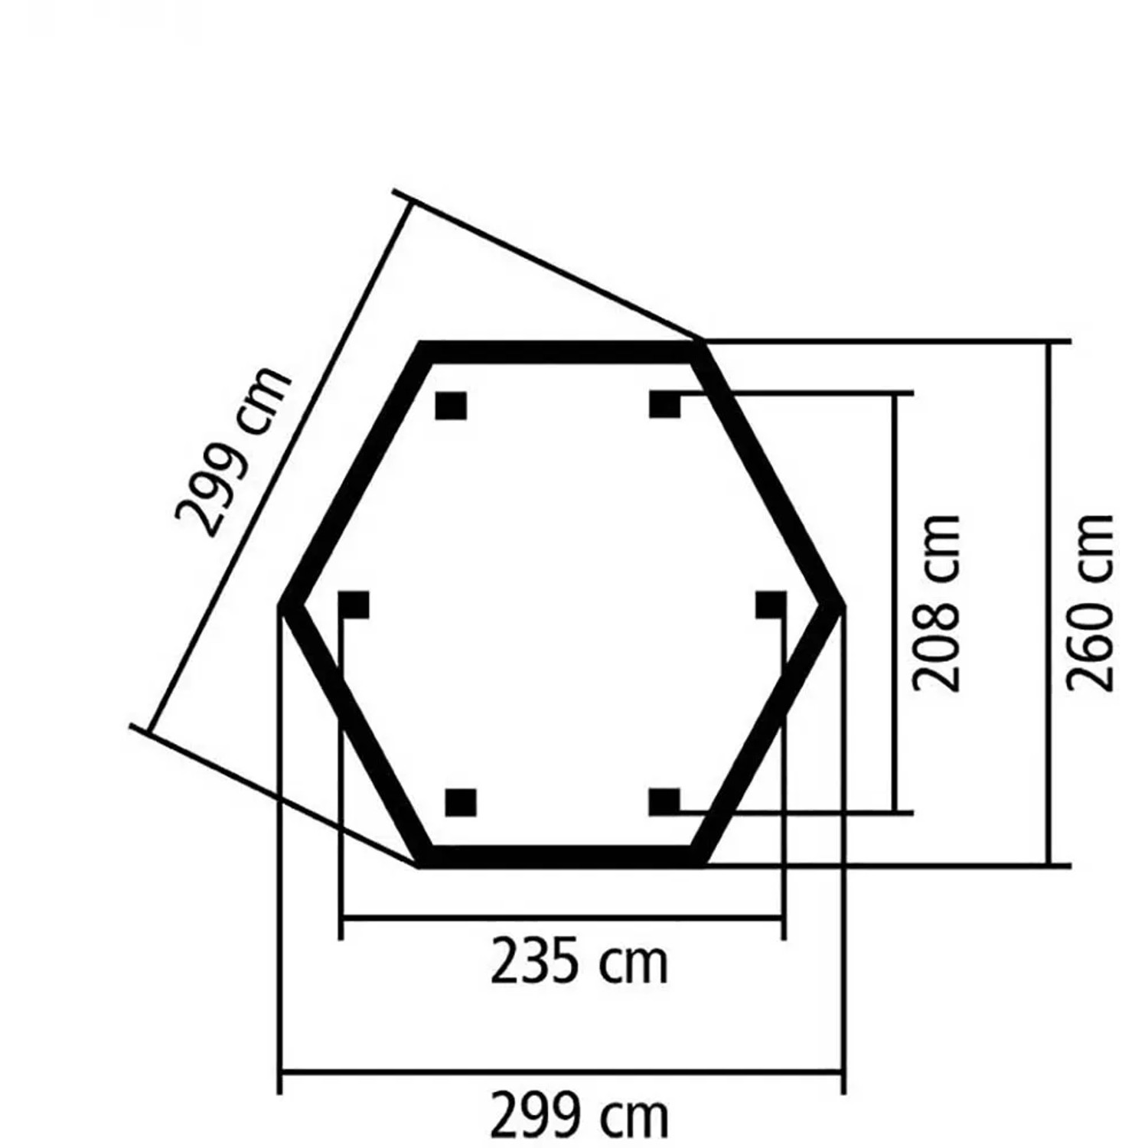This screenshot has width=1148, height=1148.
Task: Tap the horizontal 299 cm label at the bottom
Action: [579, 1117]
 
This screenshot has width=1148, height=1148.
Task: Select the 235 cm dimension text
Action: [579, 962]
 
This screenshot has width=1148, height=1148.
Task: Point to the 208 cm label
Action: [937, 603]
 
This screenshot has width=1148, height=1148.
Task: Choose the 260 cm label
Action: [1090, 603]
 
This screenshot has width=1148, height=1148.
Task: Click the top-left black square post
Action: [451, 406]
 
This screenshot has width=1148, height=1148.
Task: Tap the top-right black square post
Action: [664, 404]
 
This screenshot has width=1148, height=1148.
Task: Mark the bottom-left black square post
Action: [461, 803]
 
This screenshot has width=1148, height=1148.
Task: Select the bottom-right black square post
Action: [664, 802]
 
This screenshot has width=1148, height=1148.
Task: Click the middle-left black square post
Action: [354, 605]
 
